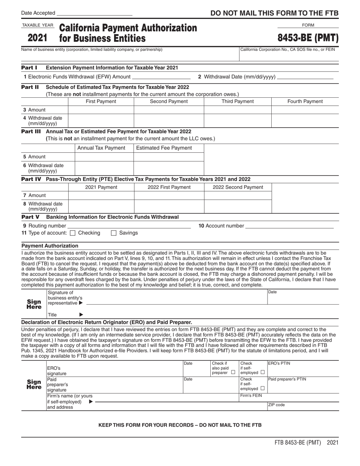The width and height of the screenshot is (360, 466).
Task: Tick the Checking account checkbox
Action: (x=73, y=233)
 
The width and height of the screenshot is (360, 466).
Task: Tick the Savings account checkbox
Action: (x=114, y=233)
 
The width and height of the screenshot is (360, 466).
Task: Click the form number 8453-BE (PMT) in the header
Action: (x=308, y=38)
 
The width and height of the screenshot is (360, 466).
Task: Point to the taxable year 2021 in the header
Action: (x=38, y=38)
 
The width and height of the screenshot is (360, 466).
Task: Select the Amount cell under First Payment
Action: (x=101, y=110)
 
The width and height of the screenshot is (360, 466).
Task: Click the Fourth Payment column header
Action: (x=305, y=101)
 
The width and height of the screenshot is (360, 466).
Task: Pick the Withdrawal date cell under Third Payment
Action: (x=238, y=120)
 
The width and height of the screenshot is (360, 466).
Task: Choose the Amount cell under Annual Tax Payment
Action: (x=104, y=157)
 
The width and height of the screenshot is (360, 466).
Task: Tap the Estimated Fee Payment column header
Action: (x=164, y=148)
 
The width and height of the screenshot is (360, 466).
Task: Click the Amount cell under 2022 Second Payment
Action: (x=238, y=195)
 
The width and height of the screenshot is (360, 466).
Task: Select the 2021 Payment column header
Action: (x=101, y=187)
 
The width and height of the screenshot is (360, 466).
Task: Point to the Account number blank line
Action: (x=290, y=226)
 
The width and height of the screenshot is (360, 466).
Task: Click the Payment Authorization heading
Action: (x=50, y=246)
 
